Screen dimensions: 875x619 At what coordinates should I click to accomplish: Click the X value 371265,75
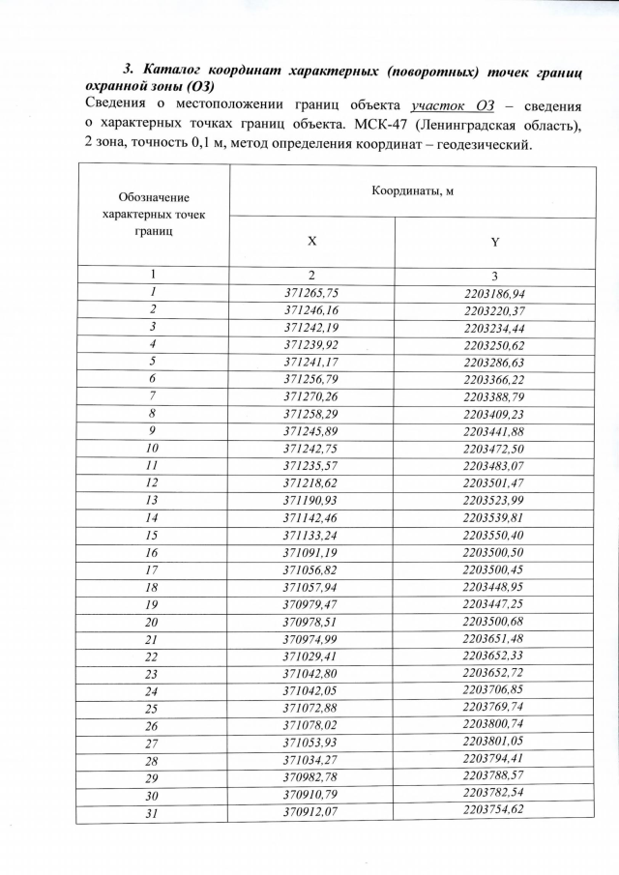(312, 293)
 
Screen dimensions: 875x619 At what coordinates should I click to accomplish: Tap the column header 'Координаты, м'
(412, 190)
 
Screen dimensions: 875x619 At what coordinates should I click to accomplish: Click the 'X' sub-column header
(311, 241)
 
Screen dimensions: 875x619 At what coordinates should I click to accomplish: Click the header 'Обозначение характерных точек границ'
(153, 215)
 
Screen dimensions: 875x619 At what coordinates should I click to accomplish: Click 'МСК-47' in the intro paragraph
(361, 126)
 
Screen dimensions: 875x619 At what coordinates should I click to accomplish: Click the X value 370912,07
(312, 810)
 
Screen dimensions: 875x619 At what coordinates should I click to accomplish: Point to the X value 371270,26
(312, 396)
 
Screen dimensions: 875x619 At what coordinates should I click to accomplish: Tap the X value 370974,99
(312, 638)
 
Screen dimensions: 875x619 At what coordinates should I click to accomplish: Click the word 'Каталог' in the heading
(177, 70)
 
